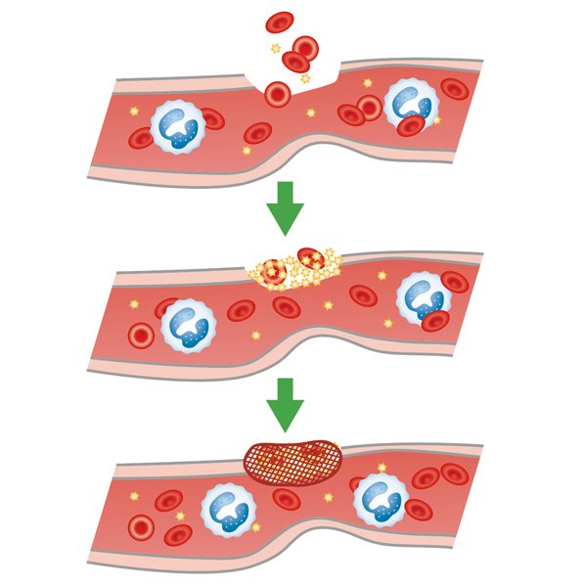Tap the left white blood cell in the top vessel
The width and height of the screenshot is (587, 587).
(x=176, y=125)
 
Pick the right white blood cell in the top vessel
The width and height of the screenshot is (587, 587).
(x=410, y=104)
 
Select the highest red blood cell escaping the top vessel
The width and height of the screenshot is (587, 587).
(x=280, y=22)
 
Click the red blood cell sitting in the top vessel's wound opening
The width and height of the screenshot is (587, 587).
(x=278, y=94)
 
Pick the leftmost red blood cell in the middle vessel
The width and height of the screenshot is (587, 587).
(x=141, y=335)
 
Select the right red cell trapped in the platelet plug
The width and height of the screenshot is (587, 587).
(x=310, y=259)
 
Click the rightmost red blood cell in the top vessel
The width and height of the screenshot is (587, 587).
(x=454, y=89)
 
